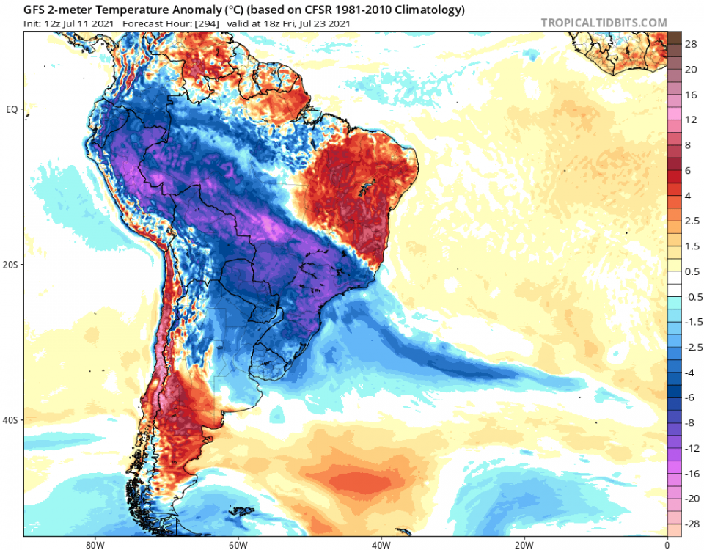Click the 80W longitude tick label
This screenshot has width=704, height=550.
click(x=92, y=545)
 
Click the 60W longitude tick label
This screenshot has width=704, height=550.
click(x=236, y=545)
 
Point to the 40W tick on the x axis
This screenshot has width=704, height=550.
click(x=380, y=545)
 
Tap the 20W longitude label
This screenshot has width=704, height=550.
click(x=524, y=545)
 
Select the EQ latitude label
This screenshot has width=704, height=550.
click(x=12, y=109)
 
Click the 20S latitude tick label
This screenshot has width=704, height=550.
click(x=10, y=265)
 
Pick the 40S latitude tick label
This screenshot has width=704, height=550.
click(x=10, y=420)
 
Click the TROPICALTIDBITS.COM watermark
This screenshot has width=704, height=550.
click(x=604, y=23)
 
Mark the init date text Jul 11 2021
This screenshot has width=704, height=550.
click(x=89, y=23)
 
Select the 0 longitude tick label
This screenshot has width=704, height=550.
click(x=667, y=545)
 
